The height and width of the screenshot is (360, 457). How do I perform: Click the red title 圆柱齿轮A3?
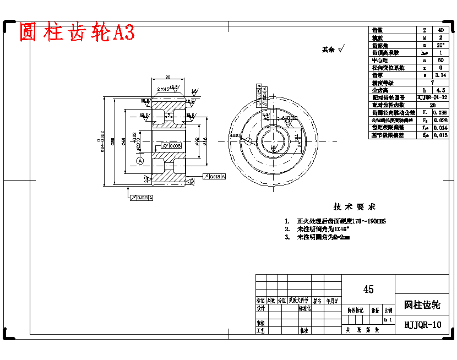pyautogui.click(x=77, y=33)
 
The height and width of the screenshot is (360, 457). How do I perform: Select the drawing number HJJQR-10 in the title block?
pyautogui.click(x=422, y=325)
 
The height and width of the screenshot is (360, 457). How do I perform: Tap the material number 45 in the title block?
pyautogui.click(x=368, y=289)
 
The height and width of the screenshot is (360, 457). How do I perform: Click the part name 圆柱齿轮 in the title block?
pyautogui.click(x=422, y=304)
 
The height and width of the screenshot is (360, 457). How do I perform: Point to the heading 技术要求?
pyautogui.click(x=355, y=207)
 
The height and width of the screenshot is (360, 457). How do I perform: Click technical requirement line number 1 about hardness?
pyautogui.click(x=336, y=221)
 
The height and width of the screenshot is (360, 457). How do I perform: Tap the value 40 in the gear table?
pyautogui.click(x=440, y=30)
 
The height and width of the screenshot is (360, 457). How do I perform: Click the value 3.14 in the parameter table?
pyautogui.click(x=440, y=75)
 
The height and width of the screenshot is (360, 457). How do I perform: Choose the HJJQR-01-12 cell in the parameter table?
pyautogui.click(x=432, y=97)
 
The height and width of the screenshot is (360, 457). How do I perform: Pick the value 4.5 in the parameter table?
pyautogui.click(x=440, y=90)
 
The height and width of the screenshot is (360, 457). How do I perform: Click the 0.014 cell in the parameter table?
pyautogui.click(x=440, y=128)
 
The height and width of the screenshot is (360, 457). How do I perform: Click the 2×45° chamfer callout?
pyautogui.click(x=164, y=89)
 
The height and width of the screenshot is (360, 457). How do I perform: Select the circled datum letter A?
pyautogui.click(x=140, y=160)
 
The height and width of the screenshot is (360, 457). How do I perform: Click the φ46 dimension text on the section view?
pyautogui.click(x=205, y=141)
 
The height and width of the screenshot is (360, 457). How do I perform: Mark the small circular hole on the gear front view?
pyautogui.click(x=248, y=141)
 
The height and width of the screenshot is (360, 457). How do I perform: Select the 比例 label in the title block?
pyautogui.click(x=388, y=310)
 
